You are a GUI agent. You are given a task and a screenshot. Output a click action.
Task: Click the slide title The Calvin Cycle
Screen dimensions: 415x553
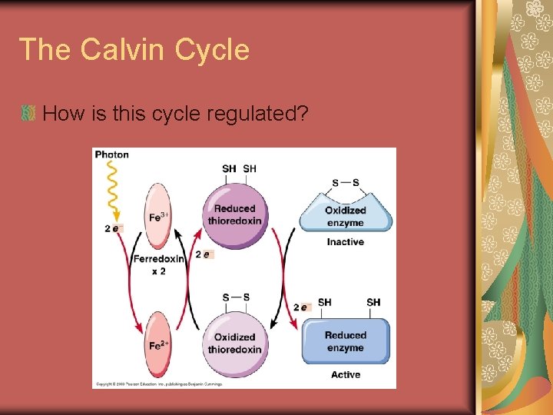point(134,50)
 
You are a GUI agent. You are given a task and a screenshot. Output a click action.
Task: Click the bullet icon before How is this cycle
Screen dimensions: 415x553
point(29,114)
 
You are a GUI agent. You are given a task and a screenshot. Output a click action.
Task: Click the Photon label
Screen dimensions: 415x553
point(112,154)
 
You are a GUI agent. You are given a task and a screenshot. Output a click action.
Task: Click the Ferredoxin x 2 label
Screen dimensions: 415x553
point(158,264)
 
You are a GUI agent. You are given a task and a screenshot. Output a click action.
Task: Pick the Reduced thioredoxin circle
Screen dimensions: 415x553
point(234,214)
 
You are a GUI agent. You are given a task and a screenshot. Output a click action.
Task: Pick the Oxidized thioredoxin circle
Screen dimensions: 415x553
point(234,343)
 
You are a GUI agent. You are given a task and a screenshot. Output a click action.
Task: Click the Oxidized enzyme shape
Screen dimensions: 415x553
point(345,215)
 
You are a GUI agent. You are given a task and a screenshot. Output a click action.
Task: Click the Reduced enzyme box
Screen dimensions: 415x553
point(345,341)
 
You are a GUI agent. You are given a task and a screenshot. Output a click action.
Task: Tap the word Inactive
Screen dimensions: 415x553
point(345,242)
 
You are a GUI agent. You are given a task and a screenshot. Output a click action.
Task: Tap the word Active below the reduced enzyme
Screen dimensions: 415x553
point(345,374)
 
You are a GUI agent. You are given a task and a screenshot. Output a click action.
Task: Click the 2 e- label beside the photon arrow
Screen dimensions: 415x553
point(111,228)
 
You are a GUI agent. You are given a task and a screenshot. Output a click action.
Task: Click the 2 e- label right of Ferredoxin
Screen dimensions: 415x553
point(204,254)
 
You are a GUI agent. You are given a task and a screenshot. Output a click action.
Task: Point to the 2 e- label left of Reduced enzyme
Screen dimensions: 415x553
point(300,307)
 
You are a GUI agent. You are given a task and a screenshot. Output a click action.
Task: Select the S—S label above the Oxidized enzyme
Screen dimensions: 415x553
point(345,183)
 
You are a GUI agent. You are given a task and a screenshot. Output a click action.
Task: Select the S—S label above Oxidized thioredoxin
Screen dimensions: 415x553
point(235,297)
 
